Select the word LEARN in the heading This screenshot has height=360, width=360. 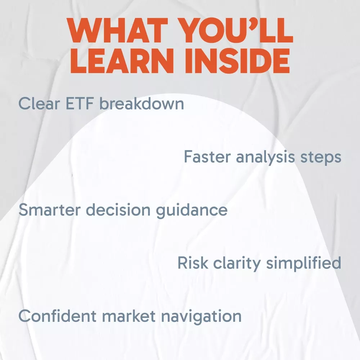pos(122,60)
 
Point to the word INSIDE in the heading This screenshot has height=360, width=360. pos(237,60)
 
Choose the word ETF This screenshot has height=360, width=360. pos(80,104)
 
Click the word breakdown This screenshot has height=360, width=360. pos(141,104)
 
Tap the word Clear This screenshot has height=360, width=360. pos(39,104)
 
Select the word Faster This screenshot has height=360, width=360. pos(207,157)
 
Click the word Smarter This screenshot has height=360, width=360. pos(50,210)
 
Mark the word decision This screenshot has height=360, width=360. pos(118,210)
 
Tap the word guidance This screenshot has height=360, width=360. pos(192,211)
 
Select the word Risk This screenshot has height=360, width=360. pos(193,263)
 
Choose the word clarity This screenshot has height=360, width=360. pos(237,264)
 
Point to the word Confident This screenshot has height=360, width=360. pos(57,316)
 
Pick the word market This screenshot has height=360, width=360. pos(129,316)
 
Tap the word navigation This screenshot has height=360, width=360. pos(201,317)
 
